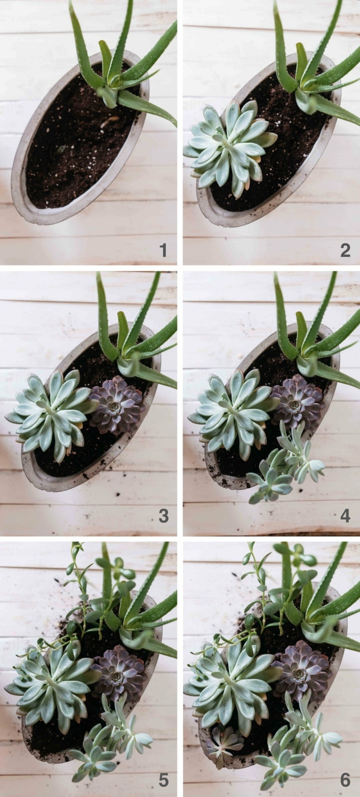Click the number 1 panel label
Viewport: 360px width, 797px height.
tap(163, 250)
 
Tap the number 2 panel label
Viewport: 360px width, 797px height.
tap(345, 250)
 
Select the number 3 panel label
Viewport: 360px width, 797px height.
tap(164, 516)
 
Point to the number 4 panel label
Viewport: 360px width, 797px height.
tap(345, 516)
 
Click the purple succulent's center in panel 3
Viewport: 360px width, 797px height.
tap(114, 406)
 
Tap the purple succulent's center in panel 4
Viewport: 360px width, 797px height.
tap(295, 404)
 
